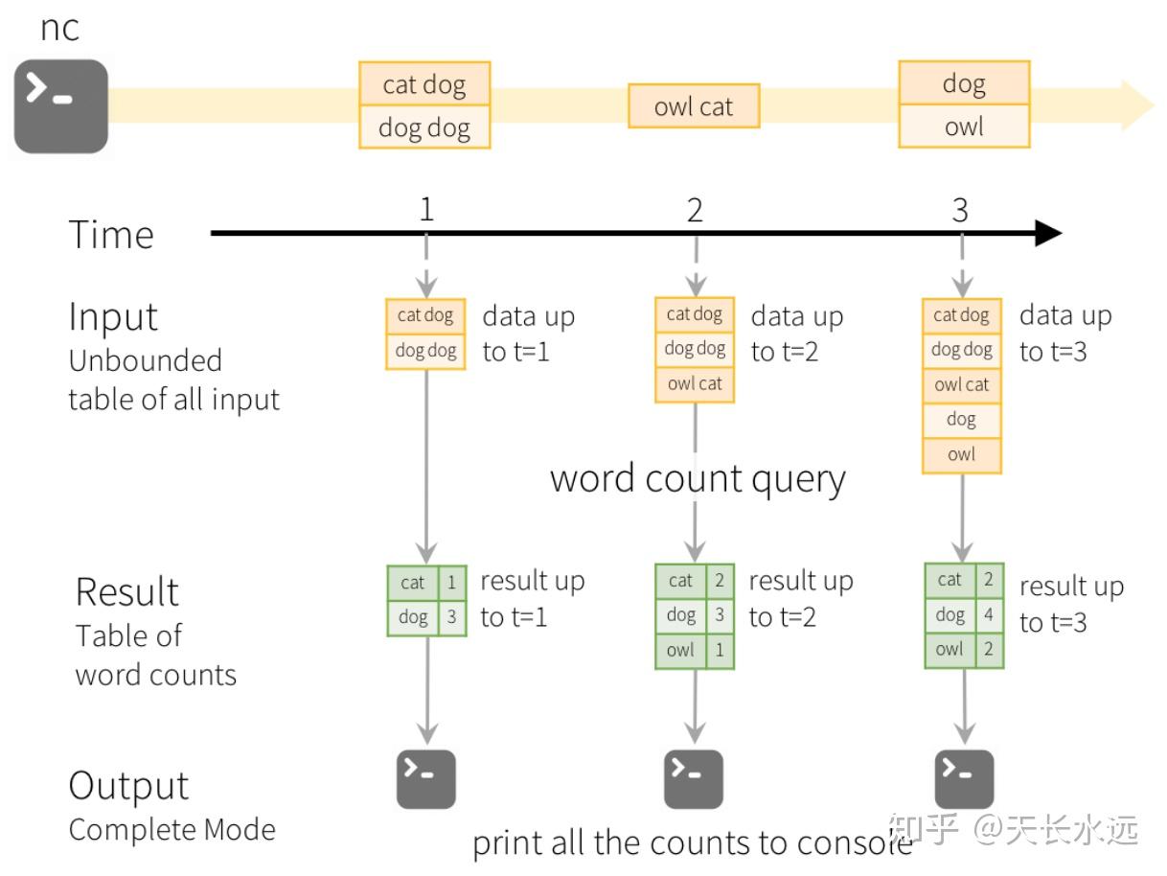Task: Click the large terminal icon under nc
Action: click(60, 106)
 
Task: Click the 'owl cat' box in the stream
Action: click(694, 106)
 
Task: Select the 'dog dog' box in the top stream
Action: click(424, 127)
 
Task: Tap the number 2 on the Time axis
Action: click(695, 210)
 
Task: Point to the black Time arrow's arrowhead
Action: click(1048, 233)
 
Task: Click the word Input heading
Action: click(113, 317)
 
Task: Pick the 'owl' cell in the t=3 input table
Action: click(961, 454)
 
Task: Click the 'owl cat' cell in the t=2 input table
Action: click(695, 384)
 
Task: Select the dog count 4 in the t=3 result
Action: click(989, 614)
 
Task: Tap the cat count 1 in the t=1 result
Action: click(452, 582)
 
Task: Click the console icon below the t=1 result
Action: click(426, 779)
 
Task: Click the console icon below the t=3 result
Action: click(964, 779)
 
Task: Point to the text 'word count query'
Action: click(698, 479)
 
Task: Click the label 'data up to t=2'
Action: click(796, 334)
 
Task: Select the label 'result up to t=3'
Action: click(1070, 604)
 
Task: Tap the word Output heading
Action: click(128, 787)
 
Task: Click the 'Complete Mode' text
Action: click(172, 829)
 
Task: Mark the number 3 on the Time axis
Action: click(961, 210)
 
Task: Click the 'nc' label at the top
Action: click(59, 28)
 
